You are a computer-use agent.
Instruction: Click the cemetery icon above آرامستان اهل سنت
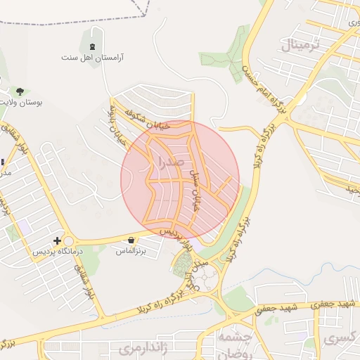(x=93, y=46)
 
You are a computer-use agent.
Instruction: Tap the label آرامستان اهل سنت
(x=92, y=57)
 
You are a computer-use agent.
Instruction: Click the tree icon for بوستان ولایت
(x=20, y=91)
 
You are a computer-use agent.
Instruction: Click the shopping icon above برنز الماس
(x=131, y=240)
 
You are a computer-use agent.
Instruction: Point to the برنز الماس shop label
(x=131, y=250)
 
